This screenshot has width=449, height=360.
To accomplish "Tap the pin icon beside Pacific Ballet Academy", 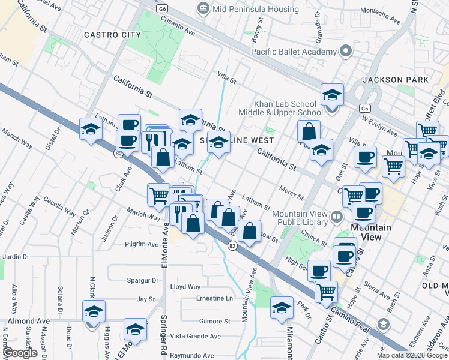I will [345, 52].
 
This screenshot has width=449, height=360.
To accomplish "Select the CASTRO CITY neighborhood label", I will [112, 35].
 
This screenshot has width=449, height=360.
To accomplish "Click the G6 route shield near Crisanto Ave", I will [162, 9].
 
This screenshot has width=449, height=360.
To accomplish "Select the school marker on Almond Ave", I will [94, 313].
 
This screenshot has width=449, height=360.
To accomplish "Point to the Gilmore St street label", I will [214, 322].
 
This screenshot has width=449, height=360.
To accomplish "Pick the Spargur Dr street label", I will [142, 280].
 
